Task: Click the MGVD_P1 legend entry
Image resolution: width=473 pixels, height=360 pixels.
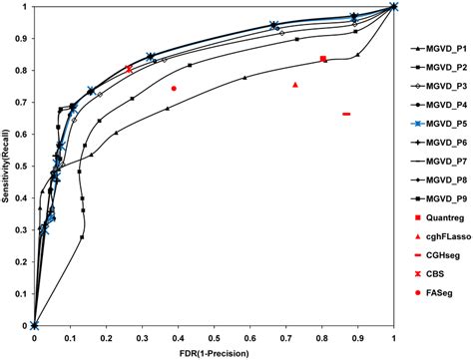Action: tap(439, 48)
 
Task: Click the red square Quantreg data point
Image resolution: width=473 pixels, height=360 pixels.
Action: tap(323, 59)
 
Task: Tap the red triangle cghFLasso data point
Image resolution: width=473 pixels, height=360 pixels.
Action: tap(295, 85)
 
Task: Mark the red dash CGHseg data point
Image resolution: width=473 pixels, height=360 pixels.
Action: tap(346, 114)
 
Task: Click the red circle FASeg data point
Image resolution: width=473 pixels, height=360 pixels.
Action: tap(174, 89)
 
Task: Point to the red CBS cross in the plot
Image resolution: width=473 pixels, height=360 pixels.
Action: tap(130, 69)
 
